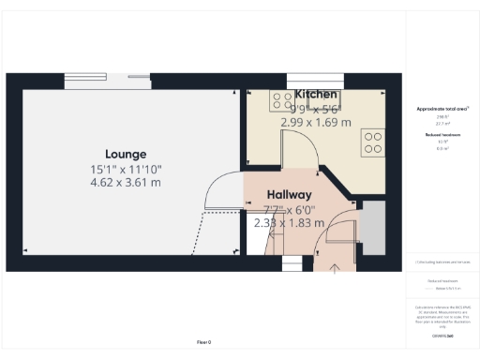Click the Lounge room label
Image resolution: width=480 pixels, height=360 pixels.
pos(125,153)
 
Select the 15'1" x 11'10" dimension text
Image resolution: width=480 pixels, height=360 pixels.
pos(126,169)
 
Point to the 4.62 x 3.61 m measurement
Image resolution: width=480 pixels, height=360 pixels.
pos(126,183)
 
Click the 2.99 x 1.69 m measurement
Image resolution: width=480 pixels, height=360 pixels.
pos(316,122)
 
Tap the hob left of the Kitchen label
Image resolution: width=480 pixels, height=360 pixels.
pos(281,100)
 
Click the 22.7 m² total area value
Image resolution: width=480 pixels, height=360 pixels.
pos(440,123)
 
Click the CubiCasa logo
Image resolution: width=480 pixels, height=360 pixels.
pos(442,335)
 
